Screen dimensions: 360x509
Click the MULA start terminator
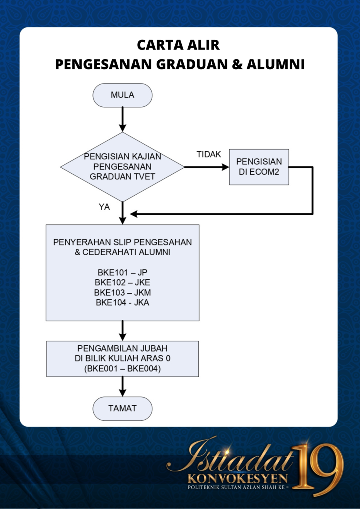click(x=123, y=95)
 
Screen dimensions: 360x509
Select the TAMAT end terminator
click(x=123, y=408)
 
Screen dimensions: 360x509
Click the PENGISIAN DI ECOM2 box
click(x=259, y=167)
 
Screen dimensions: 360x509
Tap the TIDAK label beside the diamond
click(x=209, y=155)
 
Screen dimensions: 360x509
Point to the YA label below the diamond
click(x=104, y=207)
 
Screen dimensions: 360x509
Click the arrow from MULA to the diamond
click(x=123, y=120)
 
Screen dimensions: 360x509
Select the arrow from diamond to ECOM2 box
click(x=206, y=167)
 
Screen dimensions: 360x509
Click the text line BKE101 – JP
click(x=123, y=272)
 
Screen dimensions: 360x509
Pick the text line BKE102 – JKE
click(x=123, y=282)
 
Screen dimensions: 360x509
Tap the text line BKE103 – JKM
click(x=123, y=292)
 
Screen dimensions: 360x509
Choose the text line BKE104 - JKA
click(x=123, y=302)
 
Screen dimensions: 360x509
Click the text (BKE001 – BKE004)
click(x=123, y=369)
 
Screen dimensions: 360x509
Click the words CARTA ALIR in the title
click(x=178, y=45)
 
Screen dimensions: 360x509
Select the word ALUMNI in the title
click(x=275, y=64)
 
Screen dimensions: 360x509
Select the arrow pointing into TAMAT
click(x=123, y=387)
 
